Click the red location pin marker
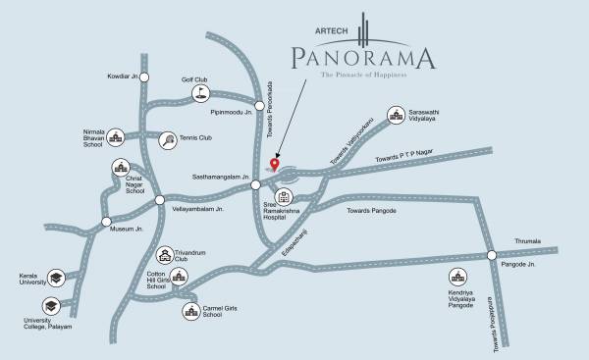[275, 163]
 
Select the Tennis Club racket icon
[170, 139]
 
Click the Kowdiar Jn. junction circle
[144, 76]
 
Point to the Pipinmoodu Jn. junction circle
[259, 105]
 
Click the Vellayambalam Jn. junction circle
[160, 200]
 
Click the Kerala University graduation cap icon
[57, 280]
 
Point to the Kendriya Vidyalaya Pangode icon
[456, 278]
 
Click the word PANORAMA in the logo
[363, 59]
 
